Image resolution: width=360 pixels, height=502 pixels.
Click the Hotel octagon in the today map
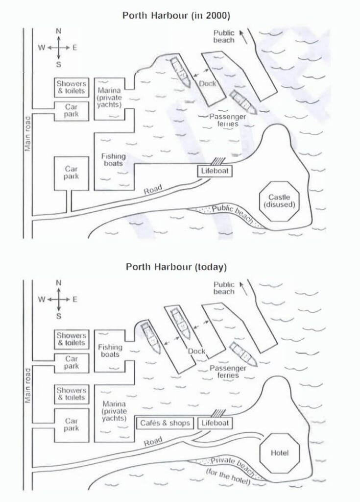279,452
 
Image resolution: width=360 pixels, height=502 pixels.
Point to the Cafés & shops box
165,423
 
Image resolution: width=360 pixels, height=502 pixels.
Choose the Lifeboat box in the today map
215,423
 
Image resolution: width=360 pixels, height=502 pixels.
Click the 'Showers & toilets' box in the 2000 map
71,87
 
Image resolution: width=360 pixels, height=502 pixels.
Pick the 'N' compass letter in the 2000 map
59,31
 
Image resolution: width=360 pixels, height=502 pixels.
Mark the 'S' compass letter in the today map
59,316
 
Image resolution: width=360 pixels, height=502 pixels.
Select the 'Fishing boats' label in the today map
110,351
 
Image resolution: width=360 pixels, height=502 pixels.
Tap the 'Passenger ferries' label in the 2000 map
227,120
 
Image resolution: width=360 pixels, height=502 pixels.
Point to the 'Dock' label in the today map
197,351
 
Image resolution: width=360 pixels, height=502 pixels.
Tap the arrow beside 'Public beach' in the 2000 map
240,36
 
